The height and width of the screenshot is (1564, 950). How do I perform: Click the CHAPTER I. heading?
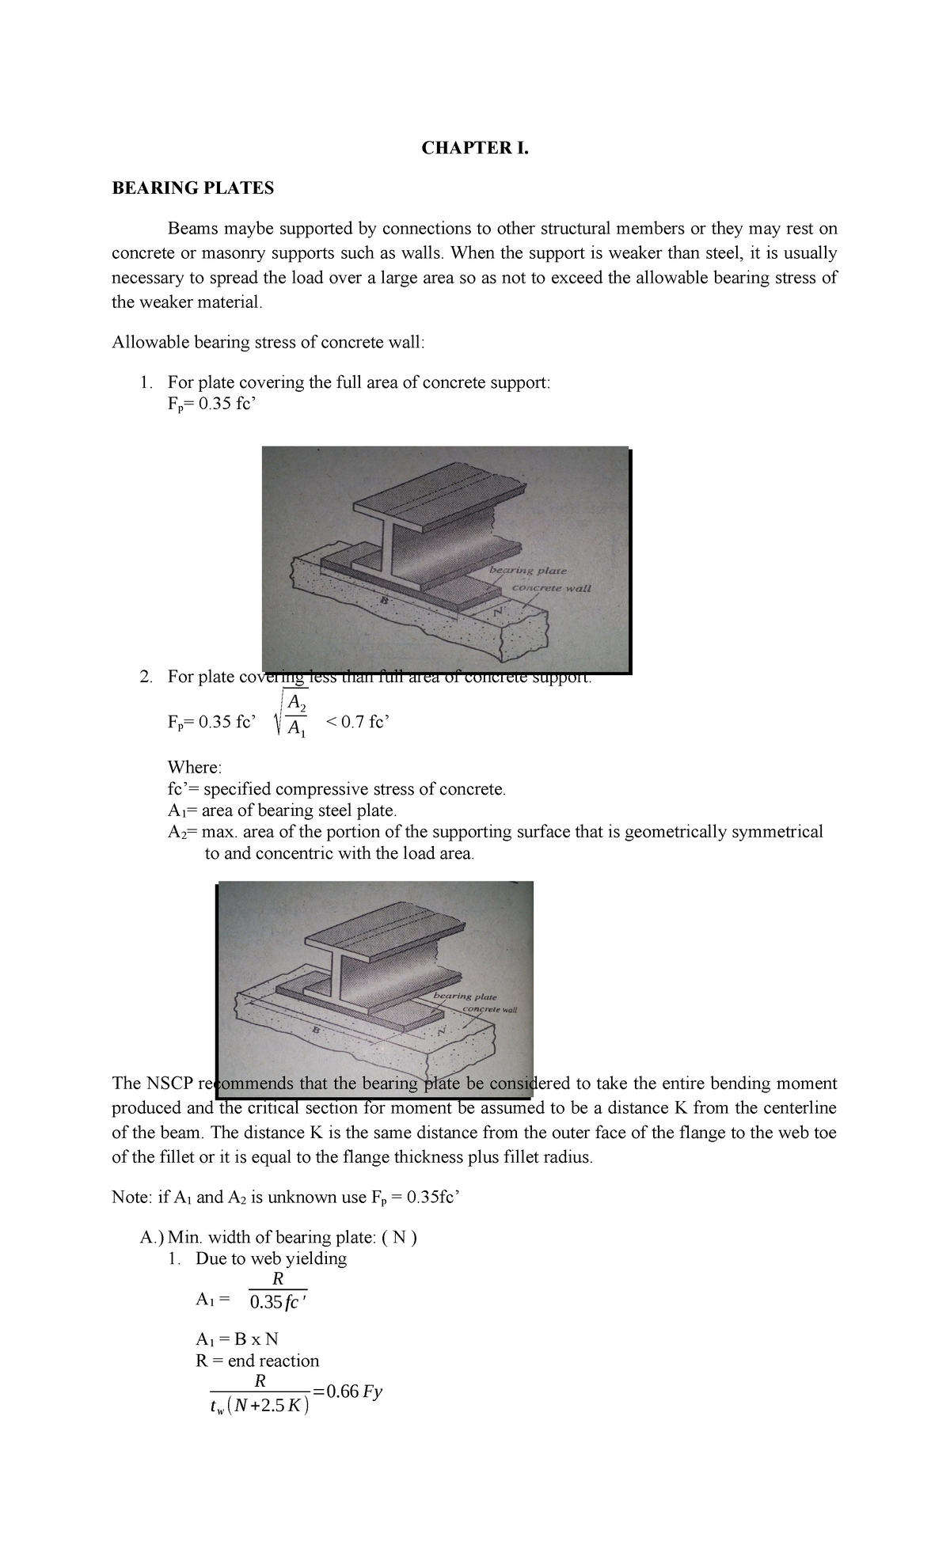pyautogui.click(x=474, y=147)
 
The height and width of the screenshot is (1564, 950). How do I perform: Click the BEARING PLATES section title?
pyautogui.click(x=192, y=188)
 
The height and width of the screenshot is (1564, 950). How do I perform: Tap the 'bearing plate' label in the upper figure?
pyautogui.click(x=528, y=570)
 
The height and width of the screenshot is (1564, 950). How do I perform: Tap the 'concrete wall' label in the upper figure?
pyautogui.click(x=551, y=588)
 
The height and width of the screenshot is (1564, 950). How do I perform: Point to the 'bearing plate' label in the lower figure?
pyautogui.click(x=465, y=996)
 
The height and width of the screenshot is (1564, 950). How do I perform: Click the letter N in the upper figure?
pyautogui.click(x=498, y=612)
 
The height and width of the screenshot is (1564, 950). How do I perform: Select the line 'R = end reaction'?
pyautogui.click(x=257, y=1361)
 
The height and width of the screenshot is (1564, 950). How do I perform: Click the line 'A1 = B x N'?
pyautogui.click(x=237, y=1339)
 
